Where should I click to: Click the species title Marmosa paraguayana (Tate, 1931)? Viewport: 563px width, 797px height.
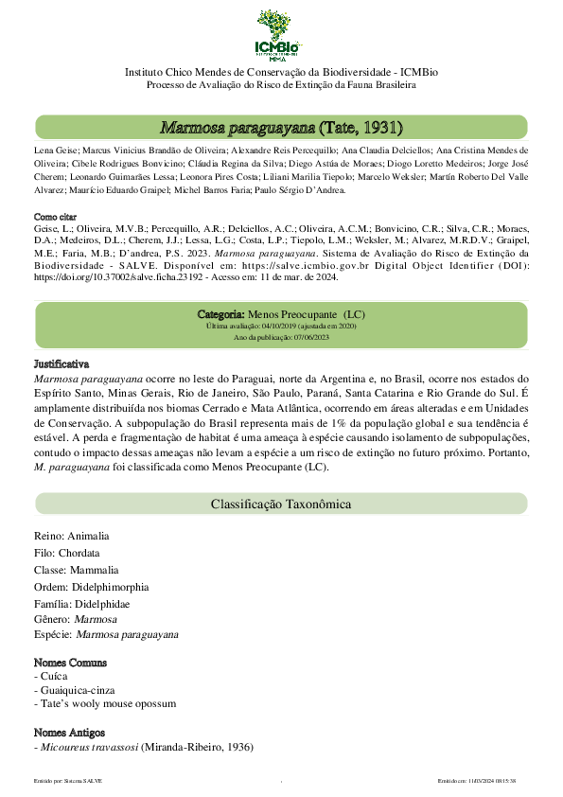(x=281, y=128)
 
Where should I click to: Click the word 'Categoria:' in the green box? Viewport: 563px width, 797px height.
(x=220, y=313)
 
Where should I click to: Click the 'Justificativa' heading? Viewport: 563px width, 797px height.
(x=61, y=363)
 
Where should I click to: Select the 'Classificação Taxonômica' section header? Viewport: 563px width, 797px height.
(x=281, y=505)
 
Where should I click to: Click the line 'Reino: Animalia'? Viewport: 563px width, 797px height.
(x=72, y=535)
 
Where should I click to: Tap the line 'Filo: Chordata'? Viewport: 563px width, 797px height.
(x=66, y=553)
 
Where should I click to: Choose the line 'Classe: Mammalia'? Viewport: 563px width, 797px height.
(x=77, y=571)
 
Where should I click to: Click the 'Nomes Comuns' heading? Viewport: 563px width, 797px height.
(x=70, y=663)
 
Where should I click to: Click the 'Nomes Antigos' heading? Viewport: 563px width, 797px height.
(x=69, y=733)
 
